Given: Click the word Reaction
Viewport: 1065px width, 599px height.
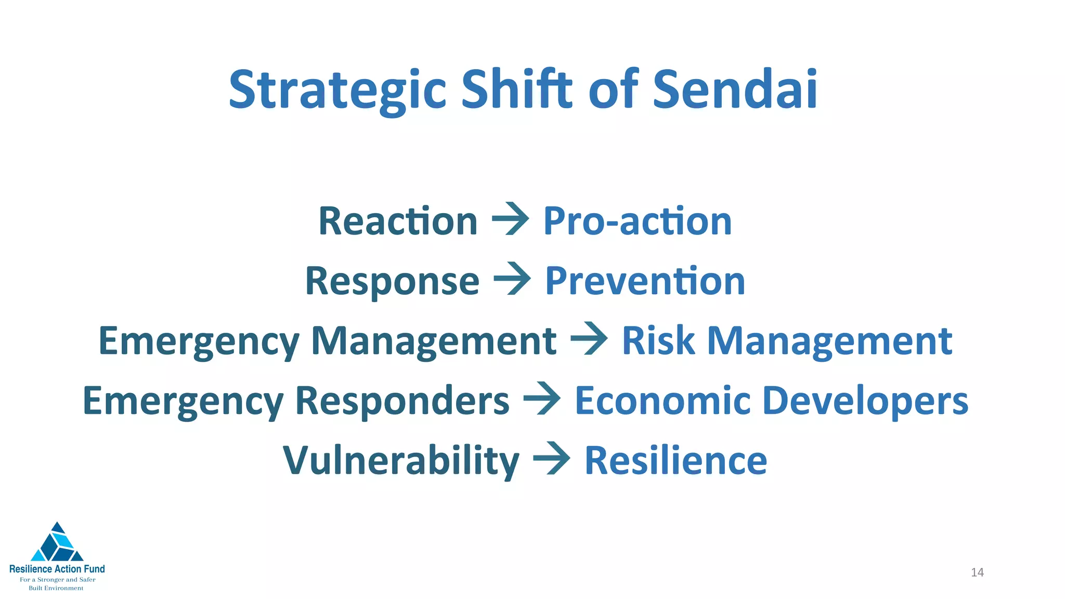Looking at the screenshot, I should (398, 222).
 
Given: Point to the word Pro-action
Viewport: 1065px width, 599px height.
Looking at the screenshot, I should (638, 222).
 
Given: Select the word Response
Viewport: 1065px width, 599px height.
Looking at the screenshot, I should (392, 281).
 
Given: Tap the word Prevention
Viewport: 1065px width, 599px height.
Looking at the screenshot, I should (645, 281).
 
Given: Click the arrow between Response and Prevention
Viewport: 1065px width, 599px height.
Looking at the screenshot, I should (512, 280).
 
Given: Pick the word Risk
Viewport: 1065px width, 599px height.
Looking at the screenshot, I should (658, 341).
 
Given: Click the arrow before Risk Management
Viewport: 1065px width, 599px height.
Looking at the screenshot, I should (589, 340).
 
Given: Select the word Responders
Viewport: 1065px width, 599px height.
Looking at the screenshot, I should (402, 401).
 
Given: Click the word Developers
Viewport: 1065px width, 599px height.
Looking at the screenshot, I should (865, 401).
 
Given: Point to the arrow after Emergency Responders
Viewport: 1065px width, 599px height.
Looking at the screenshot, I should (542, 400).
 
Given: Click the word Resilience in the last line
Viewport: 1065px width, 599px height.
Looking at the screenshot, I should (676, 461).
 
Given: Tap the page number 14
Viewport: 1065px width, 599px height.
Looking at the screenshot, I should (977, 572).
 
